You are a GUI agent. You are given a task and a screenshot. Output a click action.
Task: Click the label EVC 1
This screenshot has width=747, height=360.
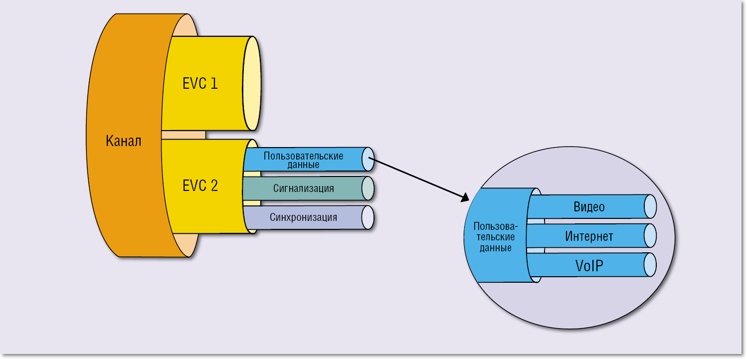tap(200, 83)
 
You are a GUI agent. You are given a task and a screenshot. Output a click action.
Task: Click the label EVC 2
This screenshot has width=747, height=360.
tap(200, 186)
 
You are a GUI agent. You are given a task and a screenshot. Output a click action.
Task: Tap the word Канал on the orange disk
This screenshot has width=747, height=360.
tap(124, 141)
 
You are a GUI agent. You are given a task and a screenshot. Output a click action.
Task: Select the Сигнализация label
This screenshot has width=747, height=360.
tap(303, 188)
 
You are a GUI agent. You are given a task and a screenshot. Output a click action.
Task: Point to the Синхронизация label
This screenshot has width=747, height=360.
tap(303, 217)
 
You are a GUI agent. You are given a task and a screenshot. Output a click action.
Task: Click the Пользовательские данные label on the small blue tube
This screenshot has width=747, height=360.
tap(303, 160)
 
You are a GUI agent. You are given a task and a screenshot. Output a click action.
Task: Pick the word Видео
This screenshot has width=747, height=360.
tap(589, 207)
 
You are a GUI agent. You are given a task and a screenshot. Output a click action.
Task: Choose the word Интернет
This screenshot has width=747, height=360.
tap(589, 236)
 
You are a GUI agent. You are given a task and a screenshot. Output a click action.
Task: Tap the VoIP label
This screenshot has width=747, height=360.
tap(589, 265)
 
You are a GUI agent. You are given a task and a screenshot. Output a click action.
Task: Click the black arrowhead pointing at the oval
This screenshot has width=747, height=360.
tap(465, 198)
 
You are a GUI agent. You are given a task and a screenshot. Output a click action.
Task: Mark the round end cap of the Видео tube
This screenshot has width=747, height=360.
tap(650, 206)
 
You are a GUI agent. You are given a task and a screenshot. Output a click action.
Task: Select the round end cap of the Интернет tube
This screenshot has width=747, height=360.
tap(650, 236)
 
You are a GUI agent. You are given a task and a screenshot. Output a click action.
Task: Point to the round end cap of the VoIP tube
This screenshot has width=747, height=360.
tap(650, 265)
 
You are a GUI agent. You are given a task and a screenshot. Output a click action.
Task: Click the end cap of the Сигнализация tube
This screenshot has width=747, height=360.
tap(368, 188)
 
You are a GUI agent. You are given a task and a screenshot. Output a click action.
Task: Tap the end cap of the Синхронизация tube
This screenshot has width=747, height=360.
tap(368, 217)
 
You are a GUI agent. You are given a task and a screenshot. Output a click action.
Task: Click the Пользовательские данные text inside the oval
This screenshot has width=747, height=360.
tap(496, 236)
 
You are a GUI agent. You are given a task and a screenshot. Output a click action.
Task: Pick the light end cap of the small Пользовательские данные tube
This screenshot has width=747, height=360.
tap(368, 160)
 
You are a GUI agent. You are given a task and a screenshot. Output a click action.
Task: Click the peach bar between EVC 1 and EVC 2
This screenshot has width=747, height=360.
tap(184, 135)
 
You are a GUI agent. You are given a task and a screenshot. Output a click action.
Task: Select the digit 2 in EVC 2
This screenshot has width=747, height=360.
tap(213, 186)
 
